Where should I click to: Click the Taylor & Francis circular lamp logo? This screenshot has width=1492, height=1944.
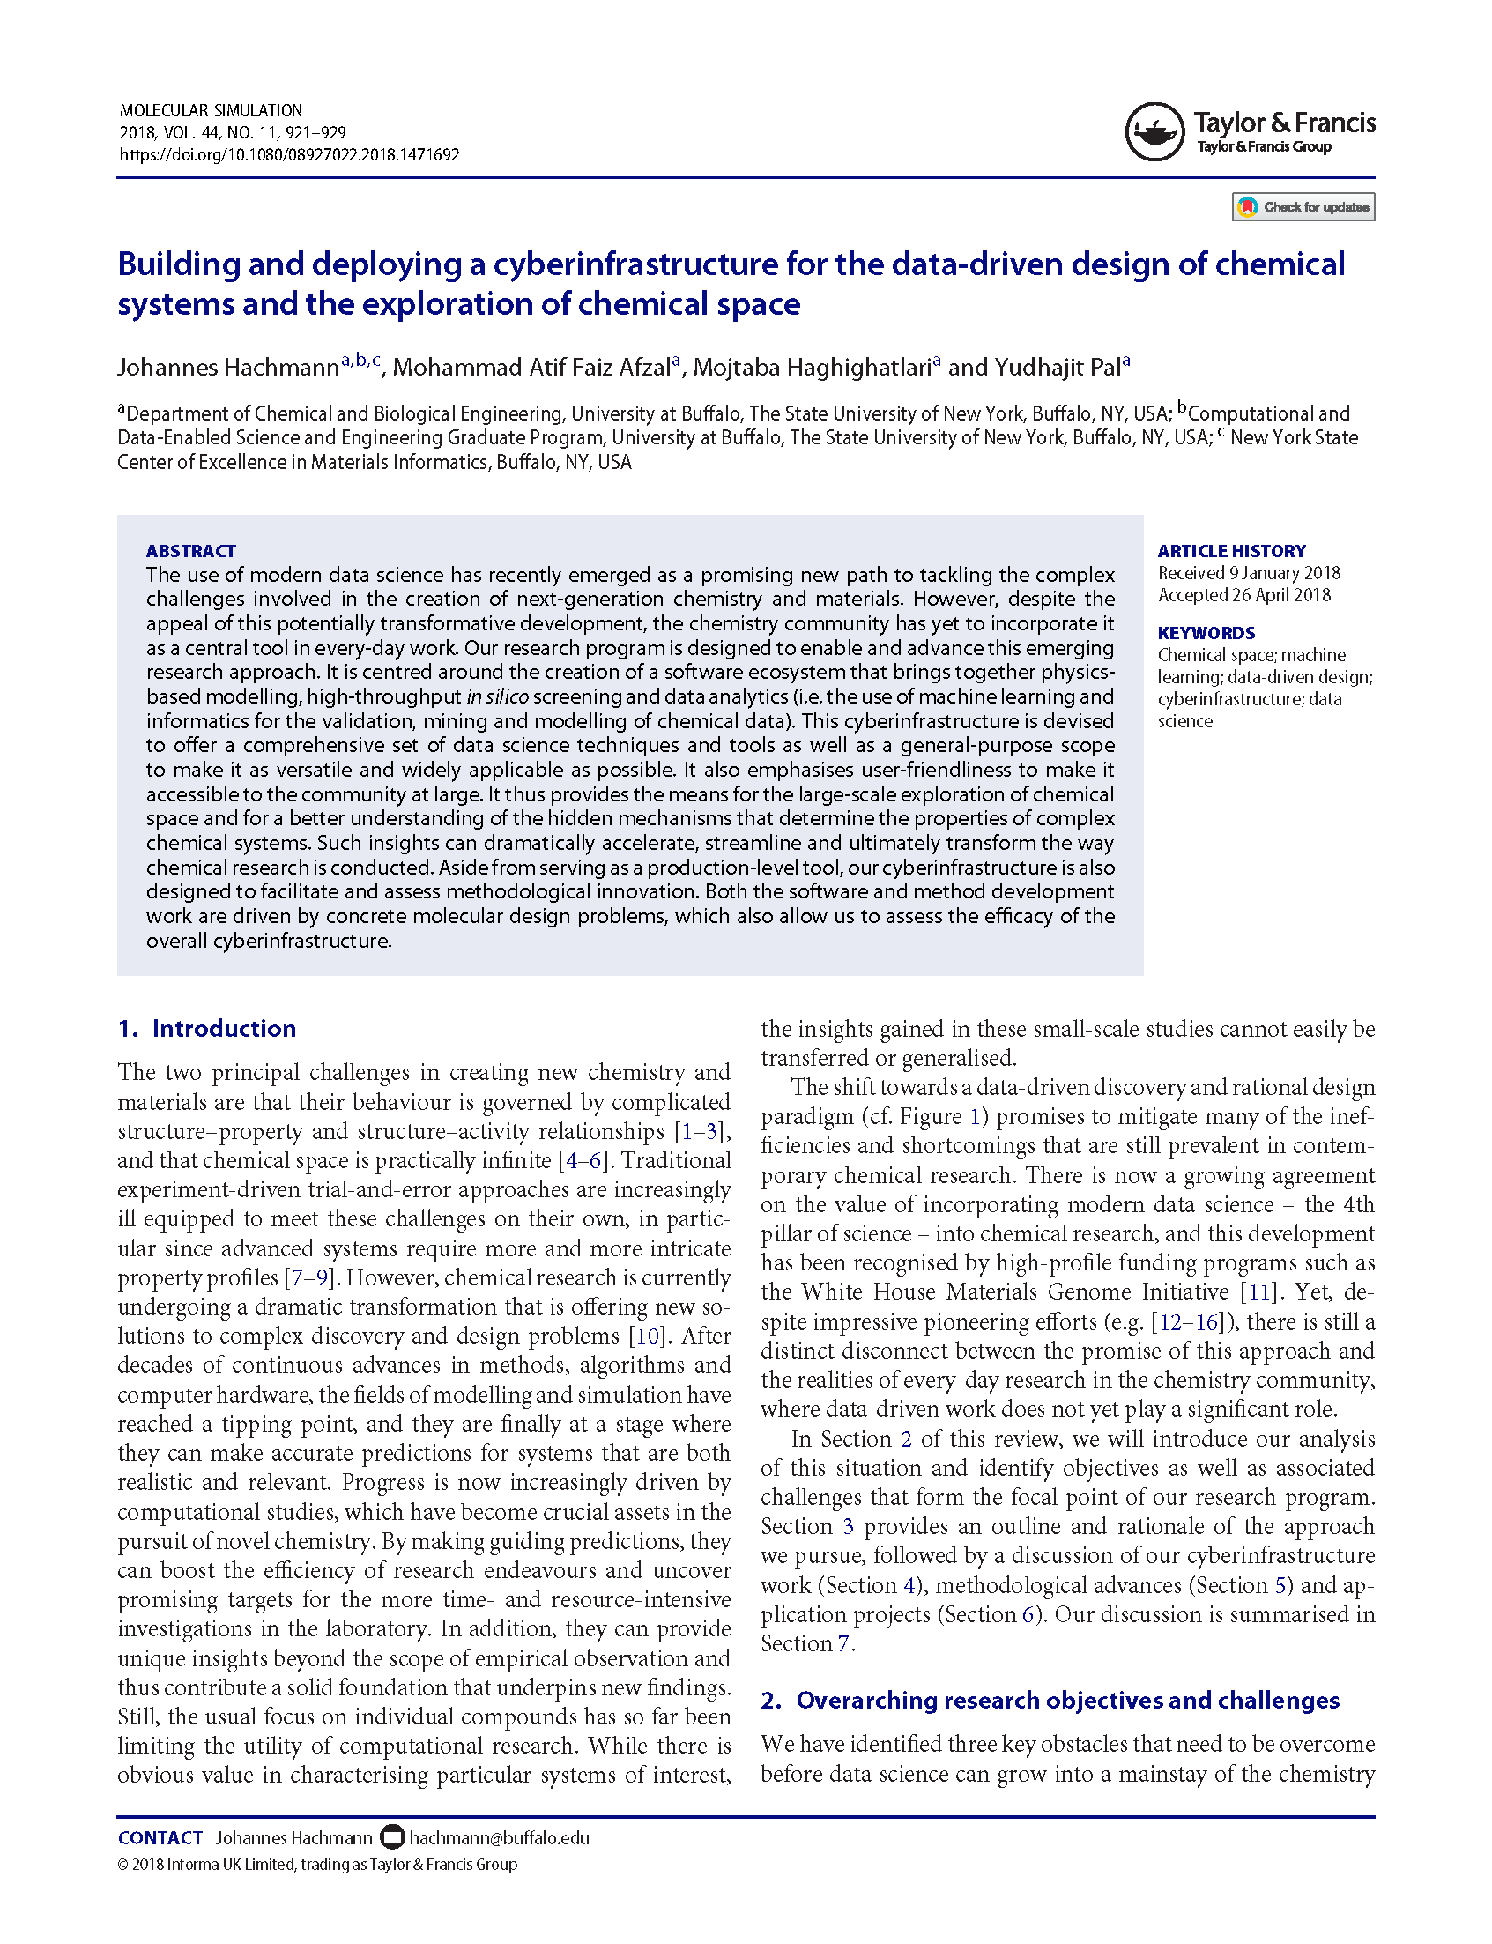tap(1154, 131)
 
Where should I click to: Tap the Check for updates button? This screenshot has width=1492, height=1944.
tap(1303, 207)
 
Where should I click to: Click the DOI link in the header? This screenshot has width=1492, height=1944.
tap(290, 154)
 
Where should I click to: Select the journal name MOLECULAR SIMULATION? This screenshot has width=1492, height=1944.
tap(211, 110)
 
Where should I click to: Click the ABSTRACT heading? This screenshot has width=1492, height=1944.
tap(191, 551)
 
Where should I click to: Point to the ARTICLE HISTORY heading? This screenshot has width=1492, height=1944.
tap(1231, 551)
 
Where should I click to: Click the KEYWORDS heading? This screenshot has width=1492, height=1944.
tap(1206, 633)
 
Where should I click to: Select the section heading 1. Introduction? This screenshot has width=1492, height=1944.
tap(207, 1028)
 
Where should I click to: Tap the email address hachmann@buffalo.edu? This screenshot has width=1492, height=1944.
tap(499, 1837)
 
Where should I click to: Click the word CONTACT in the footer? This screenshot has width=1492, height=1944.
tap(160, 1837)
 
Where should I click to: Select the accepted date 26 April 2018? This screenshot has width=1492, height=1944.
tap(1280, 595)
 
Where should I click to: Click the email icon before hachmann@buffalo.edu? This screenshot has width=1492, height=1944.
tap(391, 1836)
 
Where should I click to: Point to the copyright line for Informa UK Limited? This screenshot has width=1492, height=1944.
tap(317, 1864)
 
